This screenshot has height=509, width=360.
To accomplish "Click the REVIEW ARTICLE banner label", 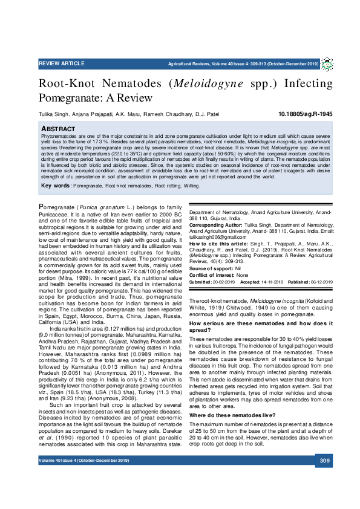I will pyautogui.click(x=62, y=63).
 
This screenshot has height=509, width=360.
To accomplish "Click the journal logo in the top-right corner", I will pyautogui.click(x=327, y=63).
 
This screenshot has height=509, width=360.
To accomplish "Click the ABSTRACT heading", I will pyautogui.click(x=58, y=129).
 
